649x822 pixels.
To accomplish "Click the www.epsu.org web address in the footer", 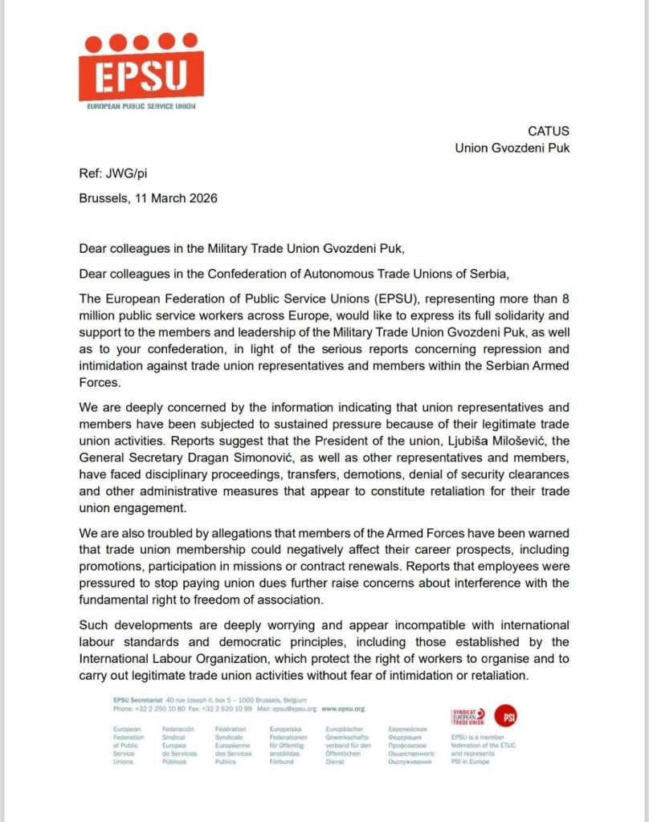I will (x=343, y=710).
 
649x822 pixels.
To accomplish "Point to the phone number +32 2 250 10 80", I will (x=160, y=710).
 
